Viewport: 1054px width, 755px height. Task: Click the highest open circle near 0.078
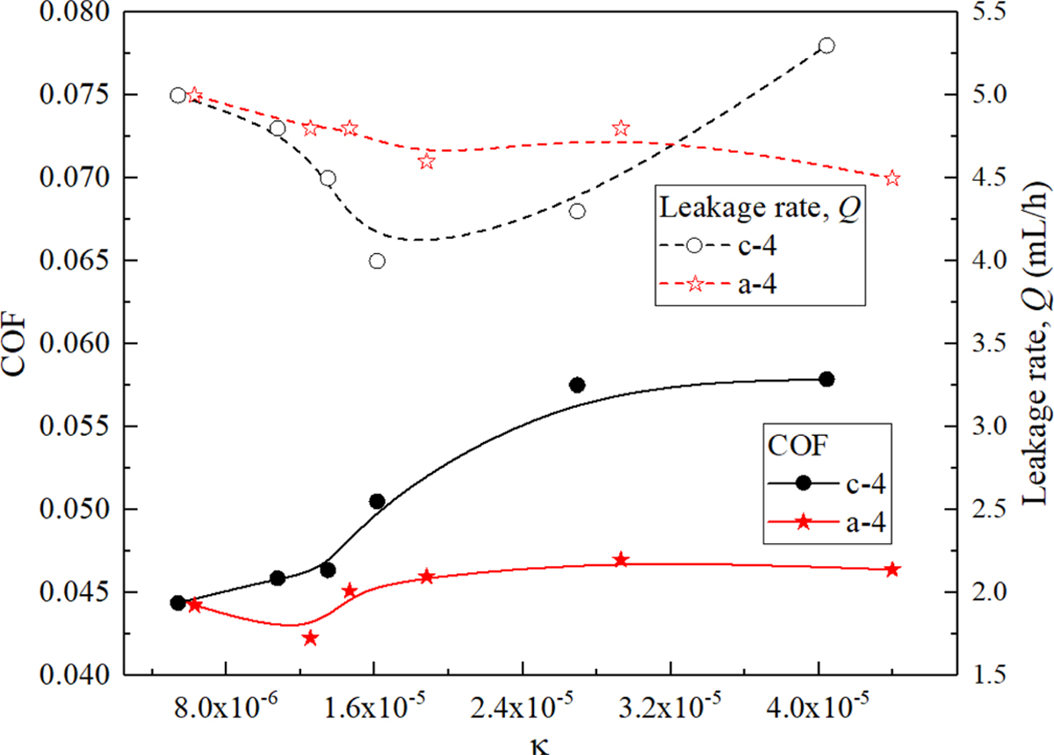pyautogui.click(x=826, y=46)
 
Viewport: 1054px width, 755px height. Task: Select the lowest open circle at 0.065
pyautogui.click(x=377, y=261)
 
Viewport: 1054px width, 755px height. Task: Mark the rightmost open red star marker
pyautogui.click(x=892, y=178)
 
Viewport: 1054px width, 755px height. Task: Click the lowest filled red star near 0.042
pyautogui.click(x=309, y=638)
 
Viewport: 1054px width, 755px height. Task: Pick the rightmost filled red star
pyautogui.click(x=892, y=570)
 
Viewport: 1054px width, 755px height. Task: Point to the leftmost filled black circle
pyautogui.click(x=177, y=603)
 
